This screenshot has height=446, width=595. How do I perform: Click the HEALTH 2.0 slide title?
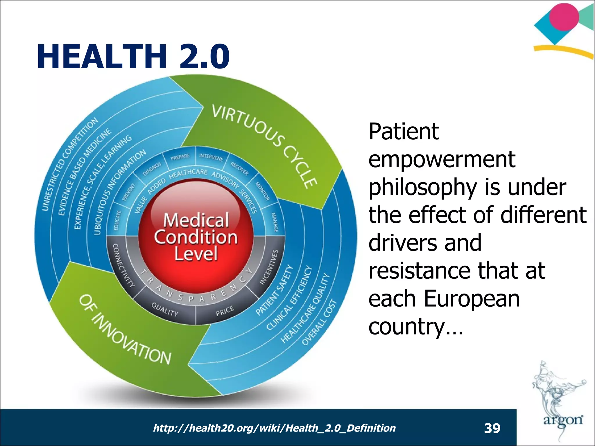133,56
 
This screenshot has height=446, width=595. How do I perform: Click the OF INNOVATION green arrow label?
125,330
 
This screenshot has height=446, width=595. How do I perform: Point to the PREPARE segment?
180,157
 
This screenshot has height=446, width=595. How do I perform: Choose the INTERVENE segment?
211,157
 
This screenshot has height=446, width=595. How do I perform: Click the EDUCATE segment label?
117,221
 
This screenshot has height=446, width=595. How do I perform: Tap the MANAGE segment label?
275,222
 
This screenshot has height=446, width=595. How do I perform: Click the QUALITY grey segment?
165,310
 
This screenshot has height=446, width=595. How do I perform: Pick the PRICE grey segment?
225,311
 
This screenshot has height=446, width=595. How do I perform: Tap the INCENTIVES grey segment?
269,267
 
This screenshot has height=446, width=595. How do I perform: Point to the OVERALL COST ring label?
319,322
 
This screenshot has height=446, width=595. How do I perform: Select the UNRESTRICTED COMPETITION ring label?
70,164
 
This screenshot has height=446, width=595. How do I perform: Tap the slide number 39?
492,428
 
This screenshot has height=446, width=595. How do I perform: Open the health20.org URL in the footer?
274,428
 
